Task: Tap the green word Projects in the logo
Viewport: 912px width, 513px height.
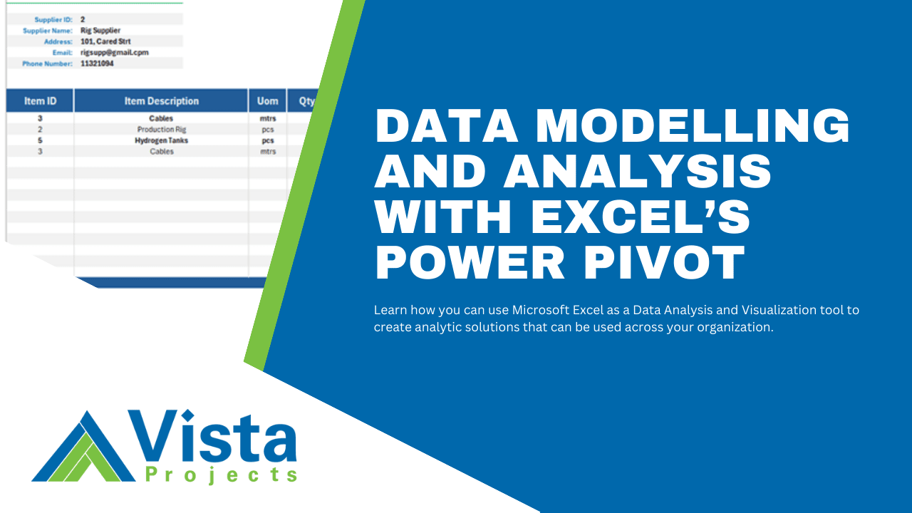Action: click(220, 475)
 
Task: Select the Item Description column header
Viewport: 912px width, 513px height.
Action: click(161, 101)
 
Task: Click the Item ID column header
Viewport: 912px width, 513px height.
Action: click(40, 101)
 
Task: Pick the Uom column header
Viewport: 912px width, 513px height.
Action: click(268, 101)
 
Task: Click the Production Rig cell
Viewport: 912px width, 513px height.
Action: click(161, 130)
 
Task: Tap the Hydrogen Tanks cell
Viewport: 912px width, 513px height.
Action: click(161, 140)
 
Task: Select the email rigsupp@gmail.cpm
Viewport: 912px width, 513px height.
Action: click(114, 53)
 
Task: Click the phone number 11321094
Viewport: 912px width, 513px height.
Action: click(97, 63)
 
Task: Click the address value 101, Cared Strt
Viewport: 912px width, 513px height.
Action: click(105, 41)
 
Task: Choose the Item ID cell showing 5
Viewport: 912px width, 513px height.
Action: click(40, 140)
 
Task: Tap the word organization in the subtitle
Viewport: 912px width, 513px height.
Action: click(736, 327)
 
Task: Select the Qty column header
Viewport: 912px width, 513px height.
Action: click(306, 101)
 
